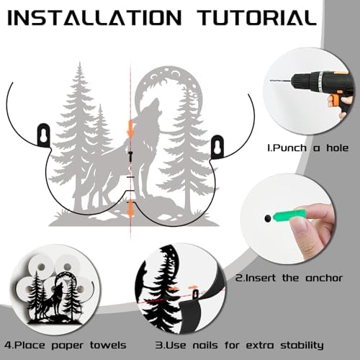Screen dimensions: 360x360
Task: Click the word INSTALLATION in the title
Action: pyautogui.click(x=95, y=18)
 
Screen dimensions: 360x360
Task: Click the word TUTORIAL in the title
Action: pyautogui.click(x=258, y=18)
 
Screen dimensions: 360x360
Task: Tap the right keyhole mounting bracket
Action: pyautogui.click(x=218, y=146)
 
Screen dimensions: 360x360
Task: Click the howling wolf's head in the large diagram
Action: pyautogui.click(x=153, y=106)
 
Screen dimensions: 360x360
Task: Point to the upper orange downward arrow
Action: pyautogui.click(x=130, y=129)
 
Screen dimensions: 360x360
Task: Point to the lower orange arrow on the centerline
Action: pyautogui.click(x=130, y=210)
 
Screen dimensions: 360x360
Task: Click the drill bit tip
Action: pyautogui.click(x=271, y=81)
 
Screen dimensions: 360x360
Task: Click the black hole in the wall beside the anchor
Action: pyautogui.click(x=267, y=218)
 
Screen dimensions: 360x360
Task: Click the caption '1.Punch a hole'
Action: pyautogui.click(x=307, y=148)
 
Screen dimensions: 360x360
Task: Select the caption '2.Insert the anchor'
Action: pyautogui.click(x=289, y=278)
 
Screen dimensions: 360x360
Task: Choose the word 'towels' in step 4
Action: pyautogui.click(x=108, y=346)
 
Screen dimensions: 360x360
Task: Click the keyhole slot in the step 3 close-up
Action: pyautogui.click(x=196, y=294)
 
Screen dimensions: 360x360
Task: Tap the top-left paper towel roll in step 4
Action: pyautogui.click(x=41, y=266)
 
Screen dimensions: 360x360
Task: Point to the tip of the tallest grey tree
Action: pyautogui.click(x=80, y=62)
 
